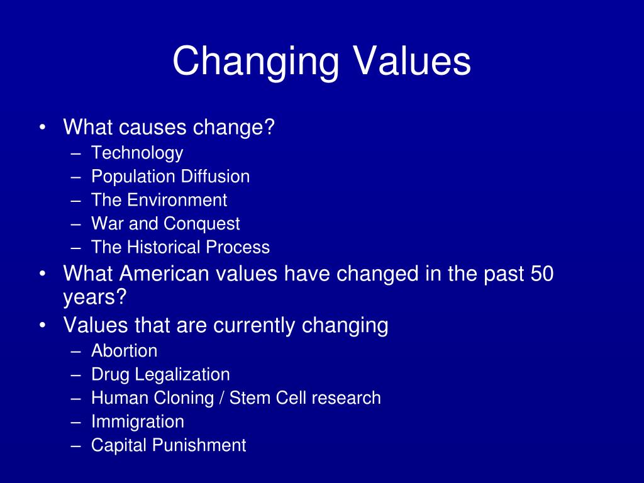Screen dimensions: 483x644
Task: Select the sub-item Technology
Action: [137, 153]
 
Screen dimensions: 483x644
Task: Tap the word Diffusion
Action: [215, 177]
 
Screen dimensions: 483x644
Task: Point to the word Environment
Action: [177, 201]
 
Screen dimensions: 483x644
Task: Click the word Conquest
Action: [202, 224]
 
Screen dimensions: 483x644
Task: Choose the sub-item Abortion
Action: [125, 351]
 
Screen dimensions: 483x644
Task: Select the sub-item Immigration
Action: [138, 422]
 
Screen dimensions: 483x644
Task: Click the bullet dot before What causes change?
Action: [42, 128]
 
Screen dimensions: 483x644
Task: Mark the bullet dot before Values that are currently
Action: [42, 326]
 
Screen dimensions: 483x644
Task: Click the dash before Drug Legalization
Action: [77, 375]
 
